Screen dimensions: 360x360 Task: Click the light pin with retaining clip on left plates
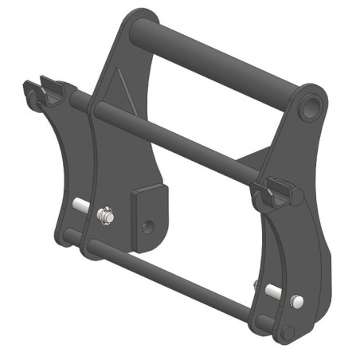(x=103, y=215)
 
